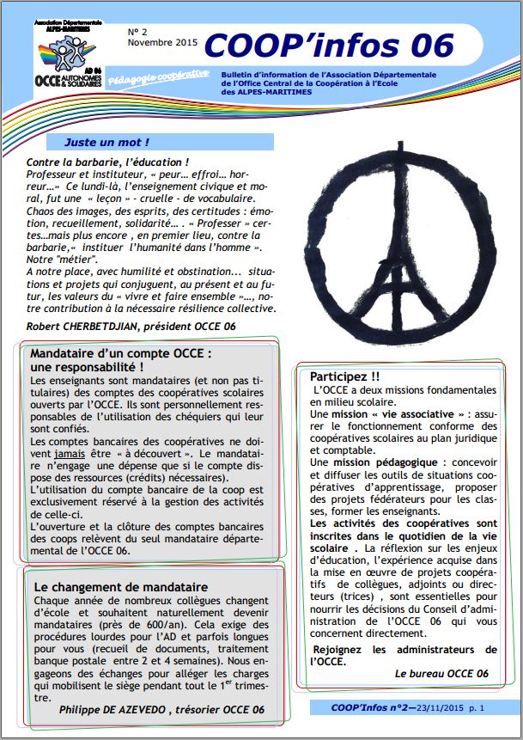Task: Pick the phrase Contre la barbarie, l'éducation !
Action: click(x=108, y=162)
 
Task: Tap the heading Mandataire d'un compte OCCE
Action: click(x=120, y=353)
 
